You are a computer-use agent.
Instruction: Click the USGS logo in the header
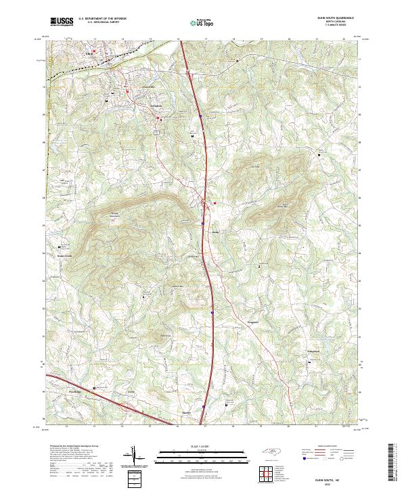62,22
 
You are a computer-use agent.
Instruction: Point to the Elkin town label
89,52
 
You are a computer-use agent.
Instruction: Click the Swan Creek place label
63,256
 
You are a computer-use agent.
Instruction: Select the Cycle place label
132,391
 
